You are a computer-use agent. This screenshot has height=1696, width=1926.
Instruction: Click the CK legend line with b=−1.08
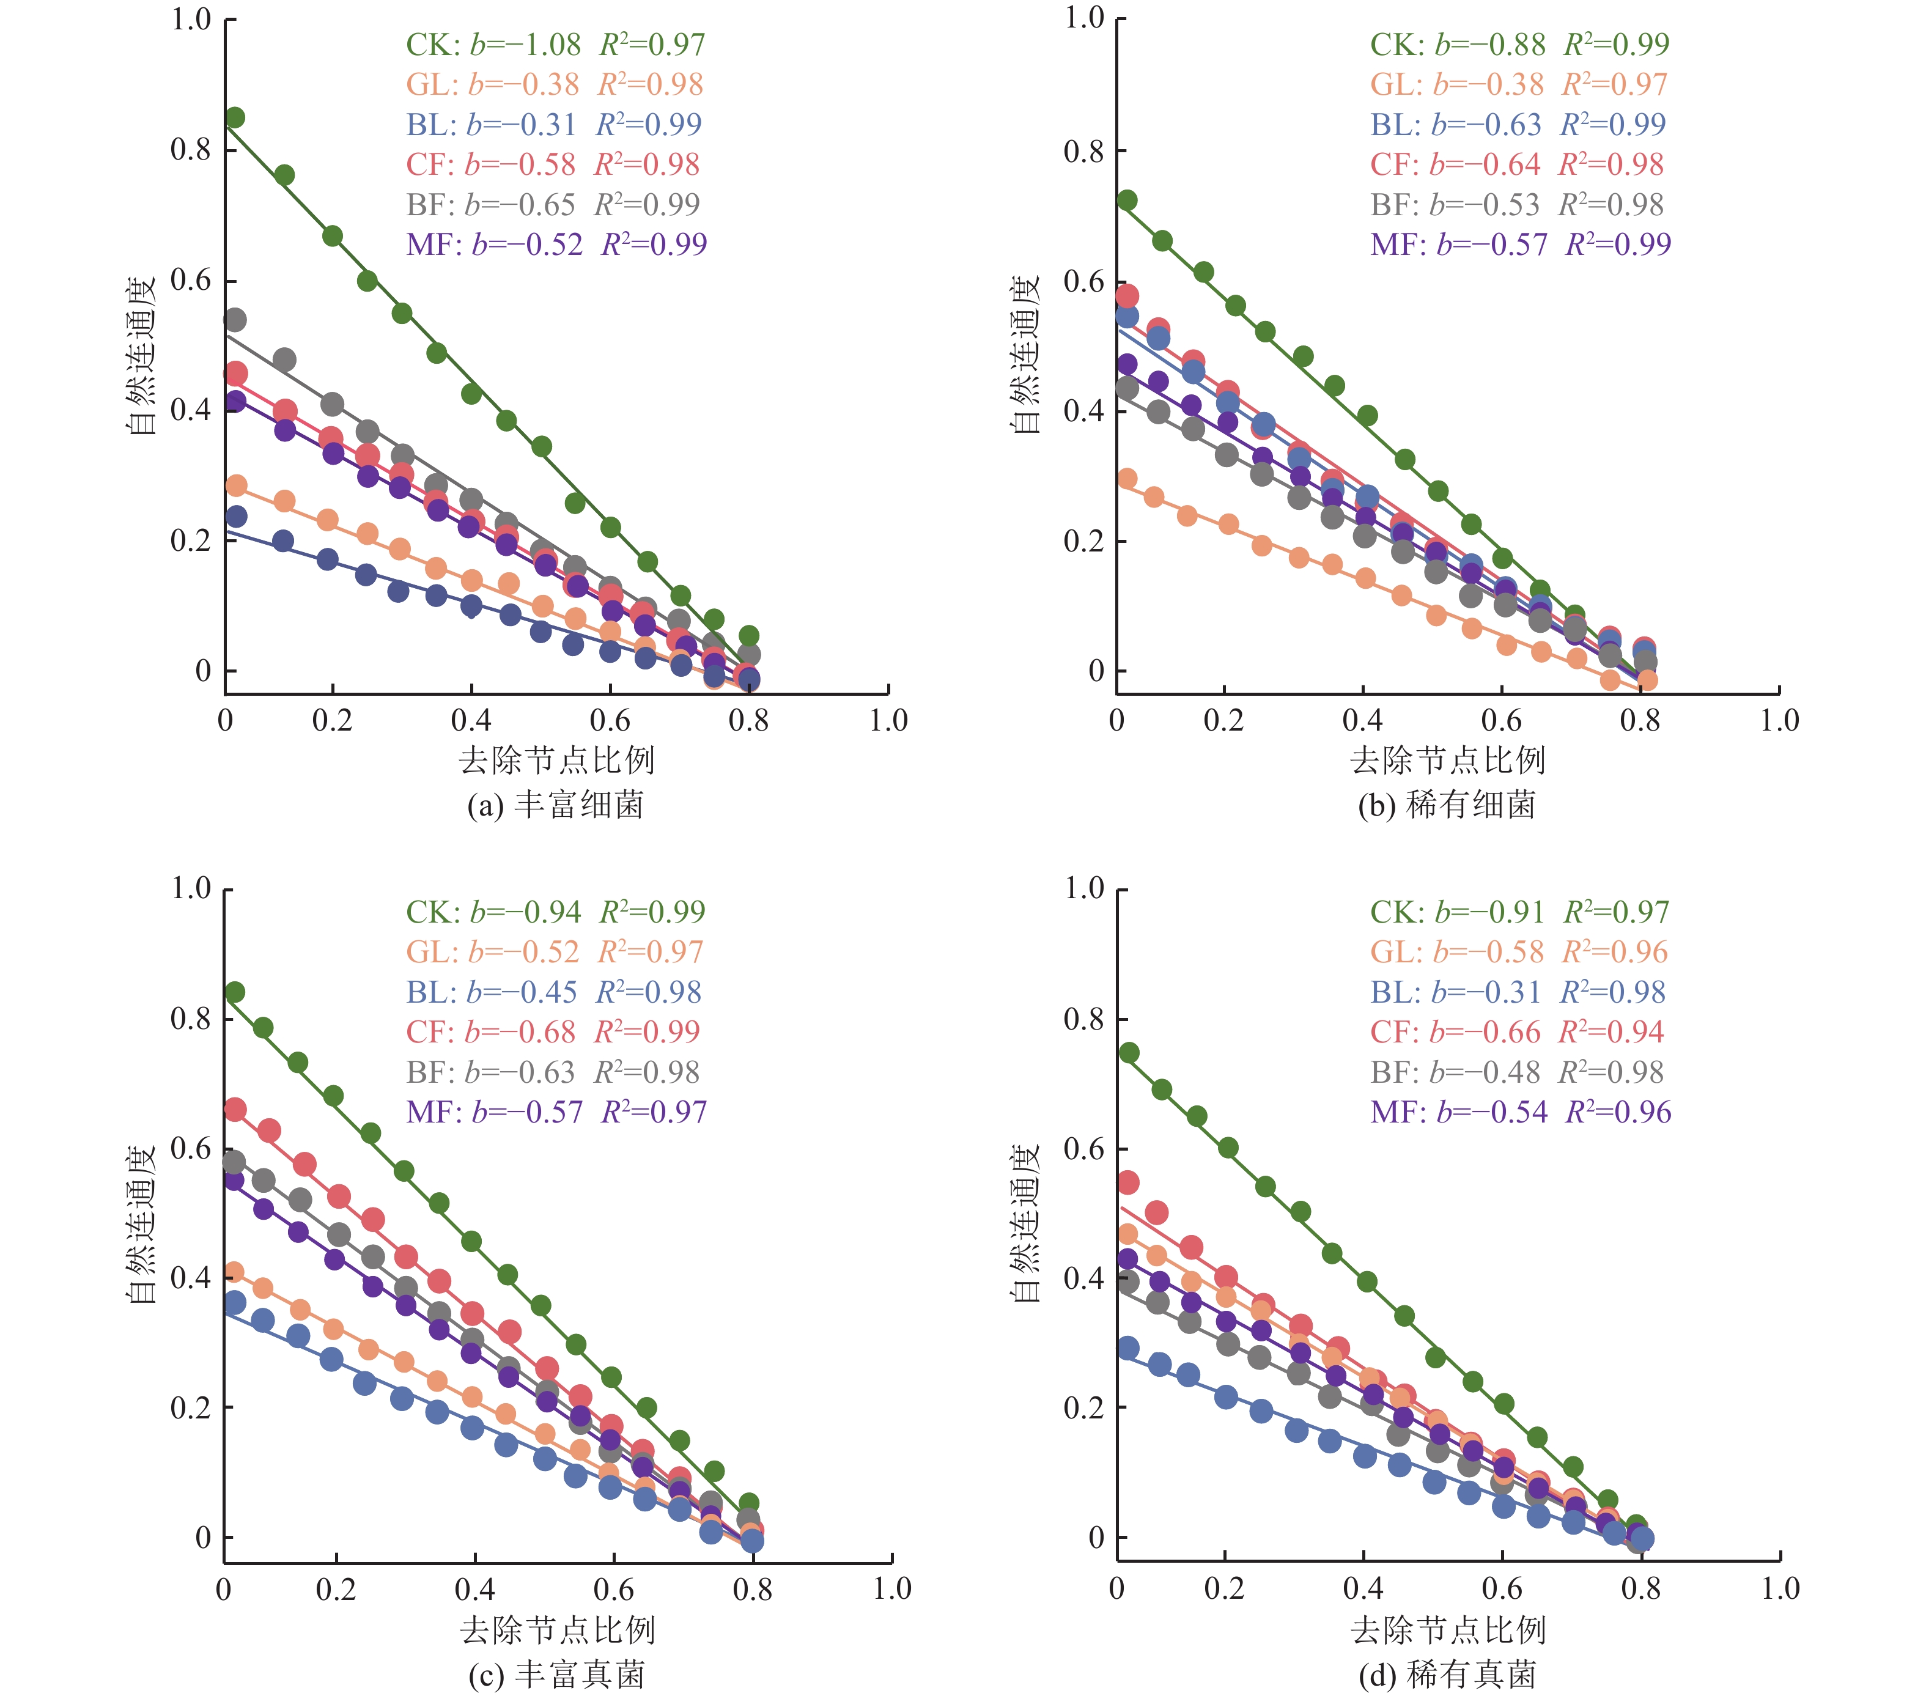click(x=555, y=44)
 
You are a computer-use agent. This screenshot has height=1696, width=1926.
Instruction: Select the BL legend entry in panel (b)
click(x=1518, y=124)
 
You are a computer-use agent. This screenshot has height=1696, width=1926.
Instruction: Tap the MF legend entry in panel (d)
click(x=1520, y=1112)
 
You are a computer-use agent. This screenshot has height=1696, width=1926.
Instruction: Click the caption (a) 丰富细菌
click(x=556, y=805)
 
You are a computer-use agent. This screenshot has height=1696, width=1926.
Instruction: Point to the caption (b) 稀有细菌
click(x=1447, y=805)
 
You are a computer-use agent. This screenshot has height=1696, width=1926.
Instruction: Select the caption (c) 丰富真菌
click(x=556, y=1675)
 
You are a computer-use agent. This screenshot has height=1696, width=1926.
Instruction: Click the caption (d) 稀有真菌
click(x=1447, y=1675)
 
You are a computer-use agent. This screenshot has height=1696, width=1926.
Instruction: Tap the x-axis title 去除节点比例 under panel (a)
click(x=556, y=759)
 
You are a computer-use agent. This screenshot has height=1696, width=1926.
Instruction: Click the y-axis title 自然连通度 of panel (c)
click(x=141, y=1224)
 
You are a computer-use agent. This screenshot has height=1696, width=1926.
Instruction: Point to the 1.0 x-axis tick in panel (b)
click(x=1779, y=721)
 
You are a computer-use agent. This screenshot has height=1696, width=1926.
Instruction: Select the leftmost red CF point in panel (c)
click(x=235, y=1110)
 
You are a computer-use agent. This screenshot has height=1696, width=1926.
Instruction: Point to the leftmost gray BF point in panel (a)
click(x=235, y=320)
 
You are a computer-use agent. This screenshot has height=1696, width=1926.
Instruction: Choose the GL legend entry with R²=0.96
click(x=1518, y=952)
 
